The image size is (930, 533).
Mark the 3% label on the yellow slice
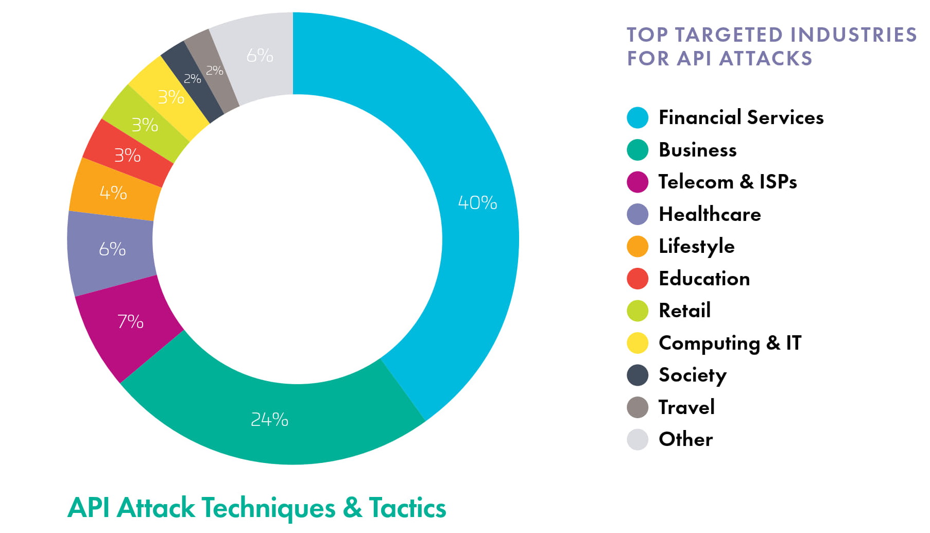coord(170,97)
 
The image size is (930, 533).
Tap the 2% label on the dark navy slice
coord(192,79)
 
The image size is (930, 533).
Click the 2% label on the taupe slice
coord(214,71)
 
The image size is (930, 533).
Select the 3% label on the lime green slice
coord(144,125)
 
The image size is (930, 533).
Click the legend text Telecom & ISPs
coord(727,182)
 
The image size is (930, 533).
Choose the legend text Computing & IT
coord(730,343)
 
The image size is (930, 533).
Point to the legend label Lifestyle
coord(696,246)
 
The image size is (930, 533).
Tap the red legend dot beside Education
coord(637,279)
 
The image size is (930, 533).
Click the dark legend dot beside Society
coord(637,375)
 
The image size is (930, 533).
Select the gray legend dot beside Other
coord(637,439)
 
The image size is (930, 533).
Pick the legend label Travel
coord(686,407)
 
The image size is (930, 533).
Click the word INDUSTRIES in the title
coord(853,35)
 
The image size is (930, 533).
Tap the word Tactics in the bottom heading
coord(407,508)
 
